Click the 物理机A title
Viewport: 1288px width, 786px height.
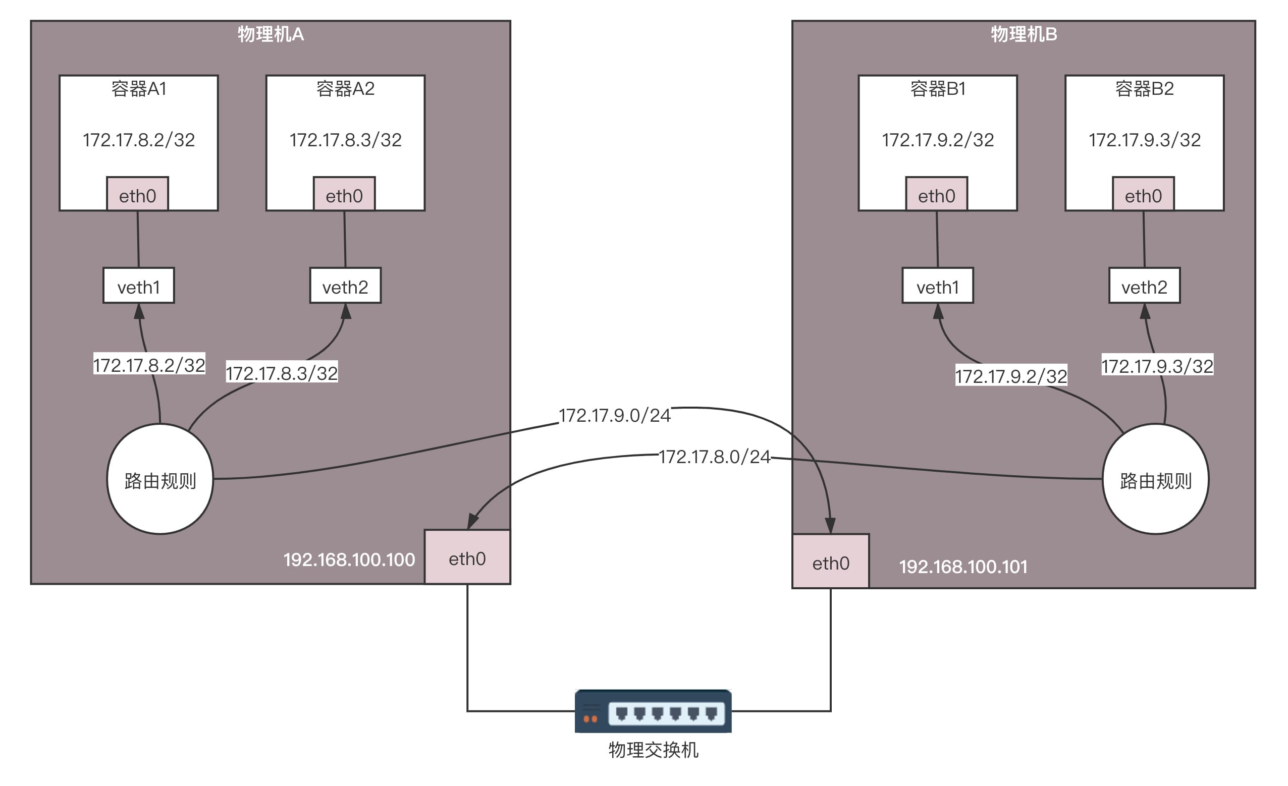point(271,34)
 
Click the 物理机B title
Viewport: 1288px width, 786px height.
point(1024,34)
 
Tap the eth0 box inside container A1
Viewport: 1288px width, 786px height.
point(137,194)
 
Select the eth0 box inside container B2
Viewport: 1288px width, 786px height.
point(1143,194)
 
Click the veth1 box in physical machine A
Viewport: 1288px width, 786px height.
point(138,286)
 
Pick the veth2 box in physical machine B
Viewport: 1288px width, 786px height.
point(1144,286)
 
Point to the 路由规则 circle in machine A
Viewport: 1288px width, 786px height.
point(160,479)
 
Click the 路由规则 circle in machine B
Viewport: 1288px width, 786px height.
point(1155,479)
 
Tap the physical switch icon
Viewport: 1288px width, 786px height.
point(653,711)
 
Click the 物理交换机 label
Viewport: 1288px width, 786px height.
point(653,750)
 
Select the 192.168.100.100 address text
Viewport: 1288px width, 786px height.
point(349,559)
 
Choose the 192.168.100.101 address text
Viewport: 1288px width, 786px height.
point(963,567)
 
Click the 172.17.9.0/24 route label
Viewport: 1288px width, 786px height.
point(614,416)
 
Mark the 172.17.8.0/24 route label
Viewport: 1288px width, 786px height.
point(714,457)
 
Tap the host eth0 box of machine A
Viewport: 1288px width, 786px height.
point(467,557)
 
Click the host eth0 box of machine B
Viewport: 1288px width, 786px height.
point(831,562)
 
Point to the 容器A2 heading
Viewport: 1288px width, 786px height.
point(346,89)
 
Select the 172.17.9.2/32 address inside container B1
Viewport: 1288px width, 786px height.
point(938,140)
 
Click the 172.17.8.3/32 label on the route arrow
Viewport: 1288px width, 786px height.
point(282,373)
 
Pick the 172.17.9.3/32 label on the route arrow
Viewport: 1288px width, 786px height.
point(1157,366)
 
